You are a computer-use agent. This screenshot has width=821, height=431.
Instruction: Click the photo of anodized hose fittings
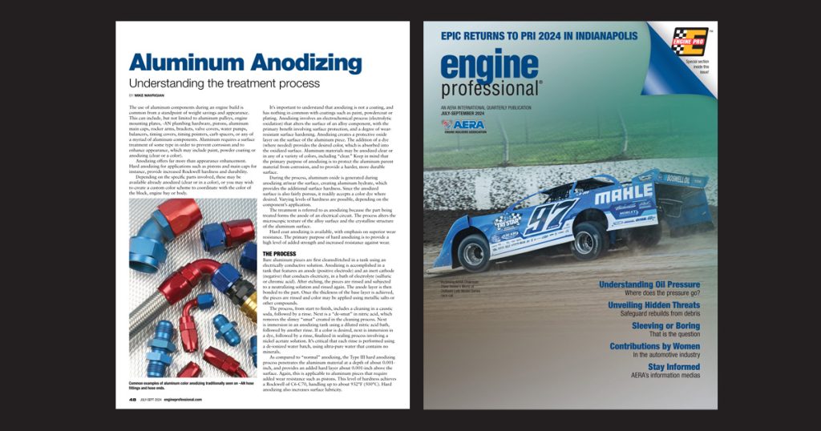(192, 288)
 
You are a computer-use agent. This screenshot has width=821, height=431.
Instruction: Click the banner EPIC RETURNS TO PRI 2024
(540, 36)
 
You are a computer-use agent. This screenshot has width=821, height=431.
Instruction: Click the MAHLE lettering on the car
(624, 195)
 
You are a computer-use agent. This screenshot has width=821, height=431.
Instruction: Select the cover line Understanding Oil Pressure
(649, 284)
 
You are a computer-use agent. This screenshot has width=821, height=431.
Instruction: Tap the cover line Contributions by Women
(654, 346)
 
